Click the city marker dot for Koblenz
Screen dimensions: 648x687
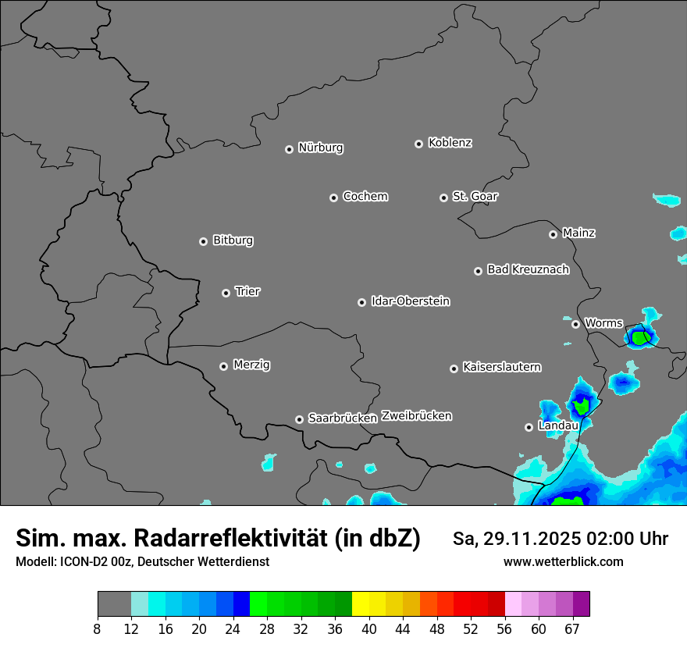tap(418, 144)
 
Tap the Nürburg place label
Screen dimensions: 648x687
tap(321, 148)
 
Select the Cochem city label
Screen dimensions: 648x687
tap(365, 196)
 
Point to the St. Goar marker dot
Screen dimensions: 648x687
tap(443, 198)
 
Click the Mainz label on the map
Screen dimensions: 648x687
tap(578, 233)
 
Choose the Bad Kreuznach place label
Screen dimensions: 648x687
tap(528, 269)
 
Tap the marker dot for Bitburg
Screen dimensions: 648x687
tap(203, 241)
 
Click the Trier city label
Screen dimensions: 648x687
tap(247, 291)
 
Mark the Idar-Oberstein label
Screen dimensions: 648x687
tap(411, 301)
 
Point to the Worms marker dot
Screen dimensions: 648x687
tap(575, 324)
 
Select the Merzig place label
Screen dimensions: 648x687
tap(251, 365)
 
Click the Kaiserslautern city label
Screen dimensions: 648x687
tap(502, 367)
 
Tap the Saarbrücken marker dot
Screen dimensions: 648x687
tap(299, 419)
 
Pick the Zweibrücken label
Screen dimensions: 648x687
tap(416, 415)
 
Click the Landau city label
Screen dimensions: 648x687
tap(558, 425)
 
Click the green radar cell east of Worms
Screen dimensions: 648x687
tap(640, 337)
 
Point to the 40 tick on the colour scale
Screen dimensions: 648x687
tap(369, 628)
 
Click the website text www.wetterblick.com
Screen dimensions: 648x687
tap(564, 561)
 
